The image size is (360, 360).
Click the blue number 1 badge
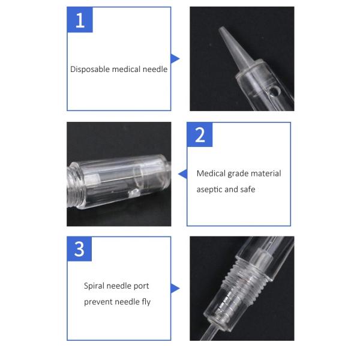click(x=80, y=20)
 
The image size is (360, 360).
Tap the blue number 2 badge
click(x=200, y=135)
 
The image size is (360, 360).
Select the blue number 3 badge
click(x=79, y=249)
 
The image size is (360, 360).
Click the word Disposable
click(x=90, y=69)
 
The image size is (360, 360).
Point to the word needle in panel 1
click(x=155, y=69)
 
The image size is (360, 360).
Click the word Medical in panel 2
click(x=211, y=173)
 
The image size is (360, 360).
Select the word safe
click(x=248, y=190)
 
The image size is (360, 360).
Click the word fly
click(x=146, y=302)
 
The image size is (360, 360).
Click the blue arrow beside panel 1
click(x=175, y=59)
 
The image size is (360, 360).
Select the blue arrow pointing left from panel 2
click(x=183, y=174)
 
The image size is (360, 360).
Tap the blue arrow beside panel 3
click(x=175, y=289)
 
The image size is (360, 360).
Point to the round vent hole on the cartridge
click(x=274, y=91)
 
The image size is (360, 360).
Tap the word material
click(x=266, y=173)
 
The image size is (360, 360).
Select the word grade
click(x=238, y=174)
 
